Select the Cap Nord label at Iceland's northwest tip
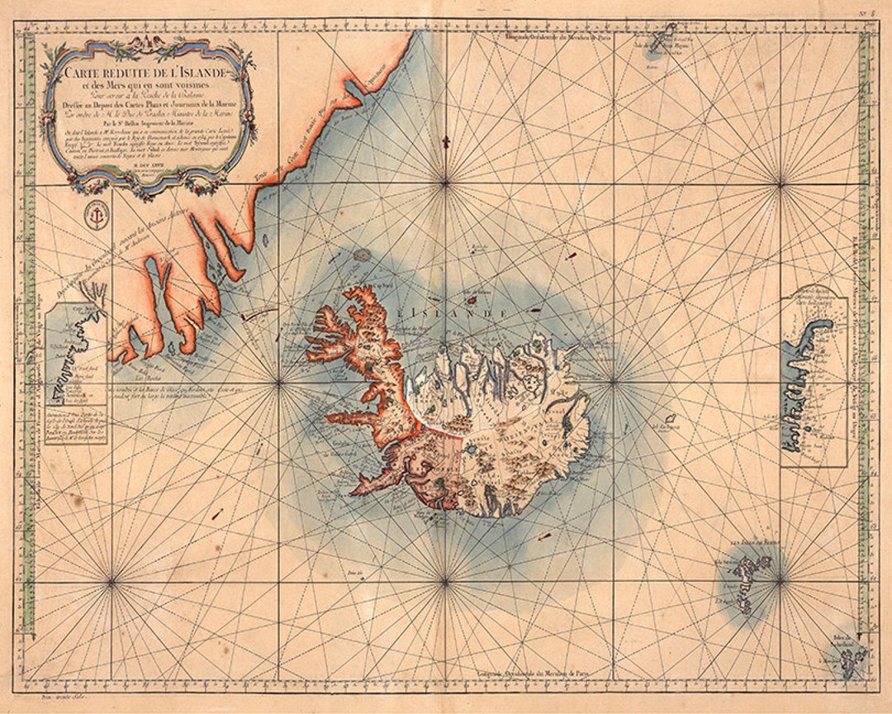[x=378, y=278]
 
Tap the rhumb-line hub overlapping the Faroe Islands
[x=779, y=582]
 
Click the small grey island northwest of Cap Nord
[x=361, y=255]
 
